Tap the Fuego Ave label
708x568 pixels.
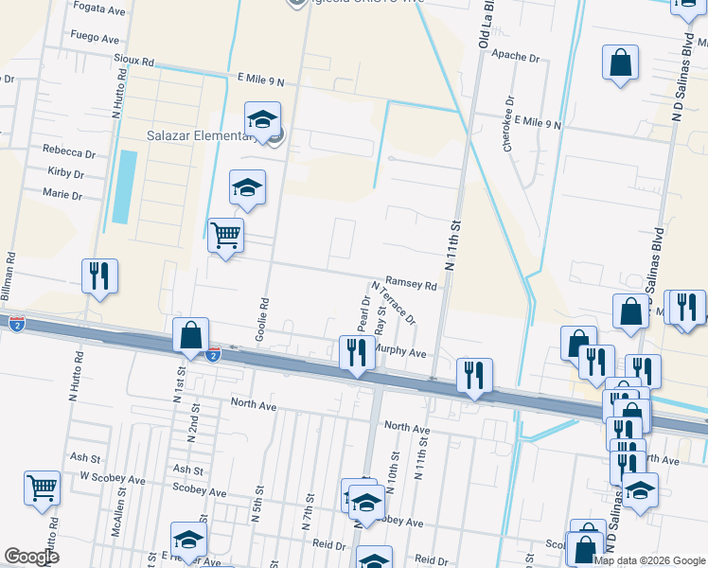tap(95, 40)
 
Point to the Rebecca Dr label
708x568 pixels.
tap(70, 152)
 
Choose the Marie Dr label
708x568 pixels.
tap(63, 195)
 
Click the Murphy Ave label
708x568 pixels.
tap(402, 350)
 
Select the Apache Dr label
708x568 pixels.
tap(515, 57)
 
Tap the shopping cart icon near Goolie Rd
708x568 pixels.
tap(225, 235)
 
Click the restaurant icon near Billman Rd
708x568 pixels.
tap(99, 275)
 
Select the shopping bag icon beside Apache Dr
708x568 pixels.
tap(620, 63)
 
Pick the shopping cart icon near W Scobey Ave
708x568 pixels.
tap(43, 488)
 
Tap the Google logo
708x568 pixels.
tap(32, 557)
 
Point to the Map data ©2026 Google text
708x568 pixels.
tap(648, 560)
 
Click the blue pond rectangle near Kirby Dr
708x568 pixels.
tap(124, 186)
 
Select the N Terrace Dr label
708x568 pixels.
tap(394, 302)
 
